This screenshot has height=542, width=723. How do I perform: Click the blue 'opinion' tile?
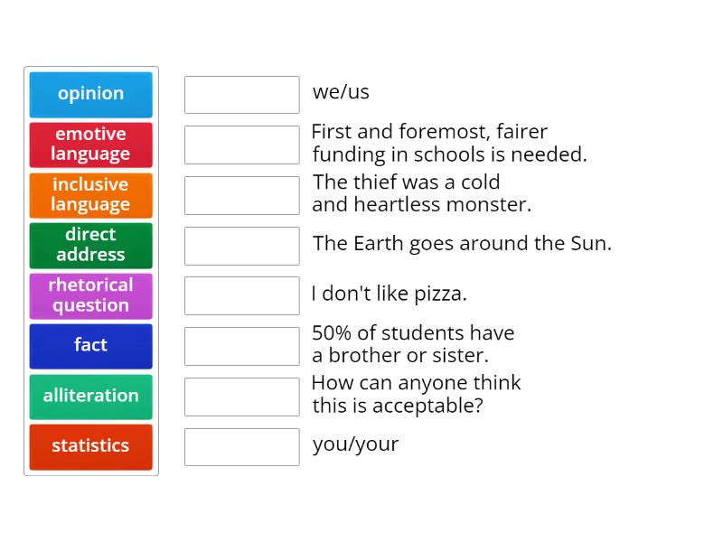pos(90,94)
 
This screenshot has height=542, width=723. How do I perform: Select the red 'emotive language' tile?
pos(90,145)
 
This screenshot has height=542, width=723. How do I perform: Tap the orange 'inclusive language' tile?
pos(90,195)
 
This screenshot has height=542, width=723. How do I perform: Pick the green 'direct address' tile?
pos(90,245)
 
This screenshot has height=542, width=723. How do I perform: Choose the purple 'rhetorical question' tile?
pos(90,295)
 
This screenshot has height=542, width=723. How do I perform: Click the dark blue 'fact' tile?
pos(90,345)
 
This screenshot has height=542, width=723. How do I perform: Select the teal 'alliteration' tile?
pos(90,396)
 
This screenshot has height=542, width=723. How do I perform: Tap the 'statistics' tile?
pos(90,446)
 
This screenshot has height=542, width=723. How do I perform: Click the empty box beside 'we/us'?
pos(241,94)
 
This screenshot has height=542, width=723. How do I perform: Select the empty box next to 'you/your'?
pos(241,446)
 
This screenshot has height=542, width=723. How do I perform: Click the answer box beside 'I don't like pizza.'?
pos(241,295)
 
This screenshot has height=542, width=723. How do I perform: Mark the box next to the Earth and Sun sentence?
pos(241,245)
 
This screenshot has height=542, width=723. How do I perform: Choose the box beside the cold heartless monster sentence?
pos(241,195)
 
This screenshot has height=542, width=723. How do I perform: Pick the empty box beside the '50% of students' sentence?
pos(241,345)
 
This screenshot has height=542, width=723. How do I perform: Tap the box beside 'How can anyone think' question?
pos(241,396)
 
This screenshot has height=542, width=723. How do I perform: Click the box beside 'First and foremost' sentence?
pos(241,145)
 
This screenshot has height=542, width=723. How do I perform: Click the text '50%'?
pos(332,332)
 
